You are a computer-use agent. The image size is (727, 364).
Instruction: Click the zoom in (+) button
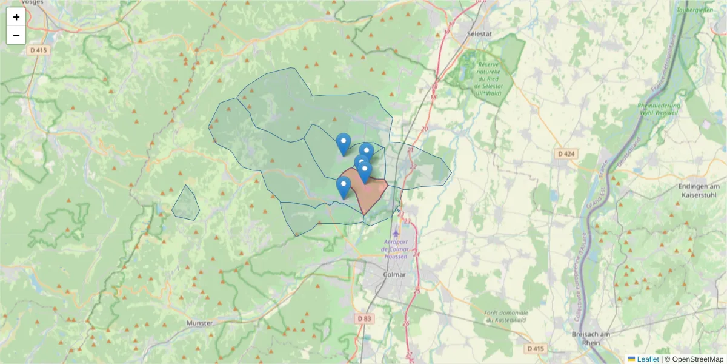coord(16,17)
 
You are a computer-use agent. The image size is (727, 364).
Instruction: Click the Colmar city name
coord(394,274)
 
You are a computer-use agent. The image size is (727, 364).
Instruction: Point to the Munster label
coord(200,323)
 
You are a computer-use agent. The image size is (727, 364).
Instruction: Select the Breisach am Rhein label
coord(590,339)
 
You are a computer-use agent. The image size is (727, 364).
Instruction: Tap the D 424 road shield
coord(565,154)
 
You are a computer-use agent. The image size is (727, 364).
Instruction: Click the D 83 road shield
coord(363,318)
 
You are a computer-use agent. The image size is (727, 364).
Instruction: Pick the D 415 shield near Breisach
coord(536,349)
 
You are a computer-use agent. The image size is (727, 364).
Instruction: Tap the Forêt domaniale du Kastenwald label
coord(506,316)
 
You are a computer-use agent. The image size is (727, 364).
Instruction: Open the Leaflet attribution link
coord(648,359)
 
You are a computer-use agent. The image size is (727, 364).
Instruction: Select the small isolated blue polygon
coord(185,204)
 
